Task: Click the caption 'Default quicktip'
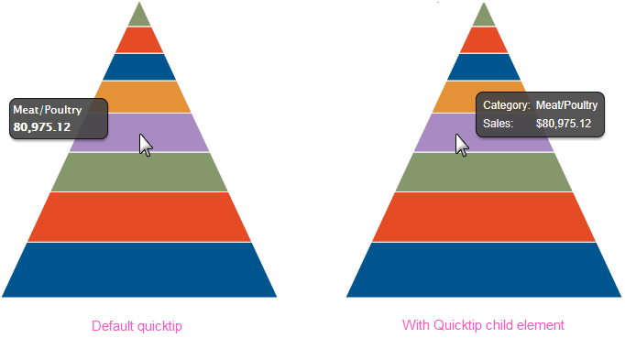pos(137,326)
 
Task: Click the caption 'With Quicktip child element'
pos(483,325)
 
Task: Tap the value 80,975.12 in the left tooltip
pos(42,127)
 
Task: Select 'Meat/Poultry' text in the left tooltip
pos(48,110)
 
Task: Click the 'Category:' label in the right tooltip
pos(506,105)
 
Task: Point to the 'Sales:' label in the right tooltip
pos(498,124)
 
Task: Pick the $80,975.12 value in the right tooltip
pos(564,124)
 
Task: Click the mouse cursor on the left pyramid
pos(146,146)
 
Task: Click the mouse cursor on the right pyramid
pos(462,146)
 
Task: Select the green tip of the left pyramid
pos(139,16)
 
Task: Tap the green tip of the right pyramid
pos(484,16)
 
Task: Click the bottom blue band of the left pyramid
pos(139,270)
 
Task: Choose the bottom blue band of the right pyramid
pos(484,270)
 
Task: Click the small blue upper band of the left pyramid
pos(139,67)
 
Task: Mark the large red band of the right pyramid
pos(484,217)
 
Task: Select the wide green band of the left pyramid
pos(139,172)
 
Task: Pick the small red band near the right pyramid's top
pos(484,39)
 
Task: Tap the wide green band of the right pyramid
pos(484,172)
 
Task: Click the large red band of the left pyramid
pos(139,217)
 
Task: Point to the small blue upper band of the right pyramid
pos(484,67)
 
